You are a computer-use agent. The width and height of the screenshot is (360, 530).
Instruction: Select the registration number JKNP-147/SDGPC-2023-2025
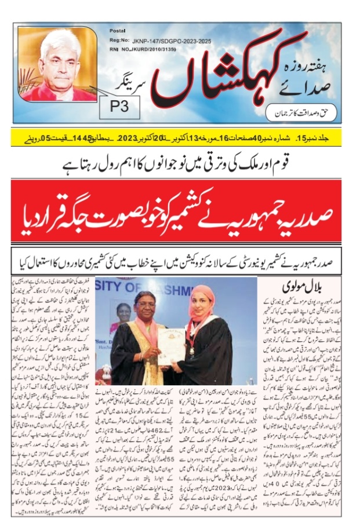pyautogui.click(x=166, y=41)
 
